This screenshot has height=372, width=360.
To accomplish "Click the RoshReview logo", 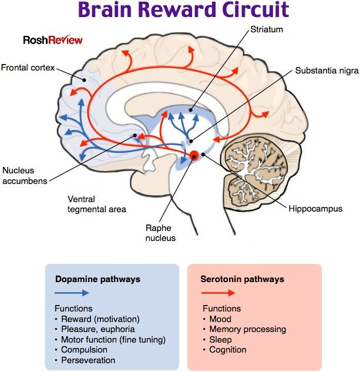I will pos(53,40).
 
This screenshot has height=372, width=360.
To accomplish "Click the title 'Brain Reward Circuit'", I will pos(183,11).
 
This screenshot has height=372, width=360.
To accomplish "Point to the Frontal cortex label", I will pos(28,68).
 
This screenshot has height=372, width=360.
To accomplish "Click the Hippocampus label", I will pos(315,208).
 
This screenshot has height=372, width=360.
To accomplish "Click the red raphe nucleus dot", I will pos(194,156).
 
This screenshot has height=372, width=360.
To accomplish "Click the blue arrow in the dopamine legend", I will pos(72,292).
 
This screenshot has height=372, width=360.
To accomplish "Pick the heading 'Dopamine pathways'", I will pos(97,279).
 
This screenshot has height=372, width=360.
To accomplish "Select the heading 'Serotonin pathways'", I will pos(243,279).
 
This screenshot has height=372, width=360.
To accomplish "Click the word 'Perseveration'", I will pos(88,360).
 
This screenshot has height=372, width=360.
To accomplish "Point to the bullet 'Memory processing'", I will pos(247,329).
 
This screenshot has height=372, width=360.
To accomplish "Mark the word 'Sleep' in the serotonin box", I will pos(220,340).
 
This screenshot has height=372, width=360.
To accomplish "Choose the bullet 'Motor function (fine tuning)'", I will pos(113,340).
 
